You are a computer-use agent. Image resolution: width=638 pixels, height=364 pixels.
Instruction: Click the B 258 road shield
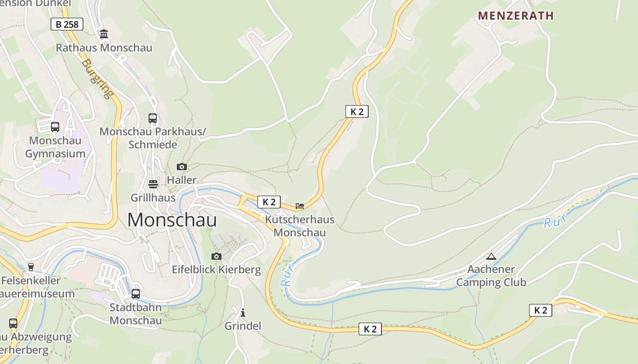tap(67, 24)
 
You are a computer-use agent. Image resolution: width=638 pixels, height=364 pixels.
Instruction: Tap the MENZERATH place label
tap(515, 15)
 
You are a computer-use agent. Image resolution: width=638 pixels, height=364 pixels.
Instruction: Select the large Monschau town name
tap(172, 220)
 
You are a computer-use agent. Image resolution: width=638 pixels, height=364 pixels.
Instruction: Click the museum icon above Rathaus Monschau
tap(104, 34)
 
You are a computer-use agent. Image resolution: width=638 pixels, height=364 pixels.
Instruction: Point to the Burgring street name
tap(98, 79)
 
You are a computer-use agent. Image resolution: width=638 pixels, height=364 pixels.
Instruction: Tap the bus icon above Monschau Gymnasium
tap(55, 127)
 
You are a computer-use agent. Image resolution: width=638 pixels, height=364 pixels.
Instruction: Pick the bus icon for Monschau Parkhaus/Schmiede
tap(153, 118)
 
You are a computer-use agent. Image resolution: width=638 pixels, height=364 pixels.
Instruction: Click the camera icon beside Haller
tap(182, 167)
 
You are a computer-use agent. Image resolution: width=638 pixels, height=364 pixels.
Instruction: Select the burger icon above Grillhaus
tap(153, 184)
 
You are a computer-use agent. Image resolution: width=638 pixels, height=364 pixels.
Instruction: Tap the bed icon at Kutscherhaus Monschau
tap(300, 206)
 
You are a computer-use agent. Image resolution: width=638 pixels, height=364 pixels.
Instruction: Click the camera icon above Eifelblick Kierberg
tap(216, 257)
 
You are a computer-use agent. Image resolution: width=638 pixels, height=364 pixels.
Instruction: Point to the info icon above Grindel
tap(243, 313)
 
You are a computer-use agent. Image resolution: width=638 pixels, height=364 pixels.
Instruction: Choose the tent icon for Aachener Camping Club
tap(491, 256)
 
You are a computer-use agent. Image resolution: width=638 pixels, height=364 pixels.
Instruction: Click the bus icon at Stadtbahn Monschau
tap(136, 294)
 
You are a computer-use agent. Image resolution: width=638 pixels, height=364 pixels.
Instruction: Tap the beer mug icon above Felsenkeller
tap(31, 267)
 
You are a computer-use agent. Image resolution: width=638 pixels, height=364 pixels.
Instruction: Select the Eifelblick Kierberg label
tap(216, 270)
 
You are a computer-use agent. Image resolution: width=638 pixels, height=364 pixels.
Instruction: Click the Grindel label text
tap(243, 326)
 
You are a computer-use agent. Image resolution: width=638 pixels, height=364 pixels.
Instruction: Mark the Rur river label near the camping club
tap(555, 222)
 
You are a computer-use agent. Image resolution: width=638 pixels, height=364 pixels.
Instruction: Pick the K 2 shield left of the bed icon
tap(269, 202)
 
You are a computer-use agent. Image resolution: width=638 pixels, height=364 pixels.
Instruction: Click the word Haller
tap(181, 180)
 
